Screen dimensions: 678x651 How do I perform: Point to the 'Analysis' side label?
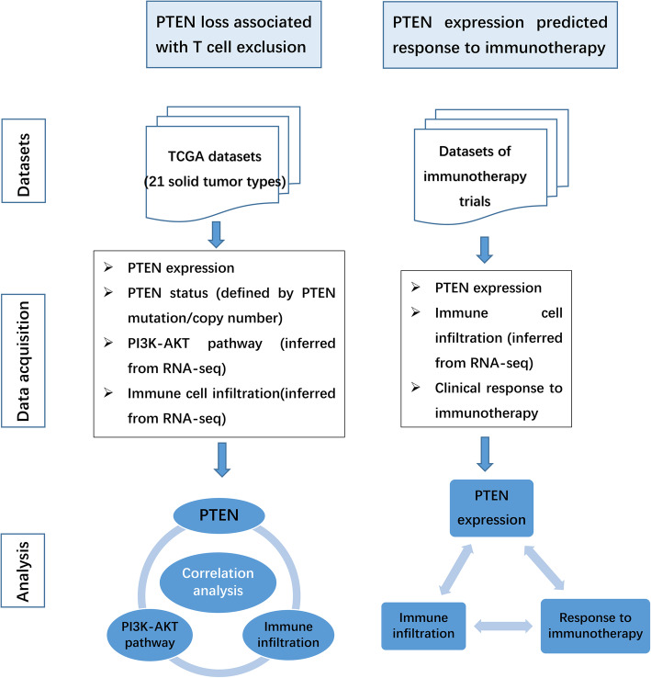point(26,570)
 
